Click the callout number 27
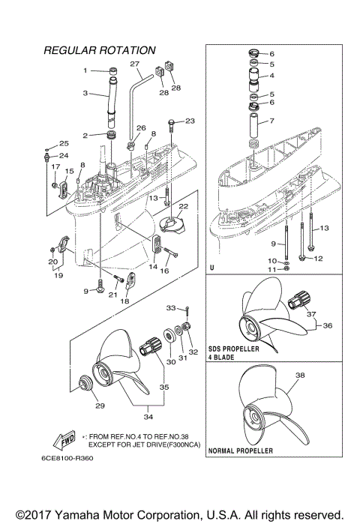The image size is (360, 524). [135, 64]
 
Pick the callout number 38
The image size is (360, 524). [300, 375]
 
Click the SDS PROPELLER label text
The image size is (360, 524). [238, 350]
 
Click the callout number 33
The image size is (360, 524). [170, 307]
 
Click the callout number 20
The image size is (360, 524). [52, 262]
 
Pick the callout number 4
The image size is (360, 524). [271, 76]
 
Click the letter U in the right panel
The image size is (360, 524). [212, 268]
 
